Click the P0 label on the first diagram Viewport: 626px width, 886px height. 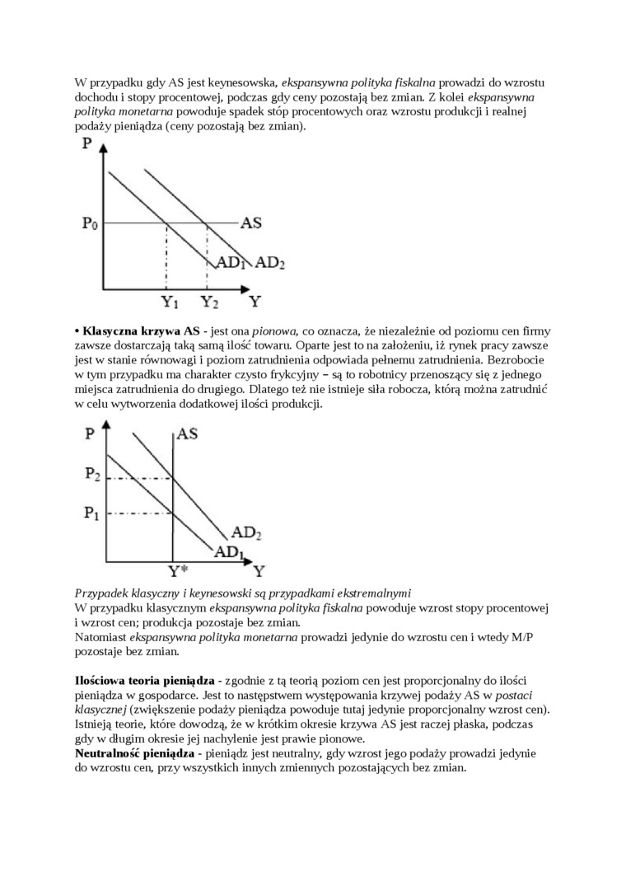[90, 223]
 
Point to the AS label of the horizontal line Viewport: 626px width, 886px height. [251, 223]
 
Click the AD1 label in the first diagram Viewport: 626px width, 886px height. [231, 263]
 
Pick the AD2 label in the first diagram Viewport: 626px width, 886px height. [270, 263]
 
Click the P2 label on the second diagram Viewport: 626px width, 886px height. [92, 474]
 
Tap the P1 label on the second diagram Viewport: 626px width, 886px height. [92, 513]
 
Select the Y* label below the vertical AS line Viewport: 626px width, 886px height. [179, 570]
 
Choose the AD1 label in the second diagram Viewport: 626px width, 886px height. [231, 551]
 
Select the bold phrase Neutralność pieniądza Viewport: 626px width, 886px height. [141, 753]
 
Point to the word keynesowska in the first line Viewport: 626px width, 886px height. [237, 82]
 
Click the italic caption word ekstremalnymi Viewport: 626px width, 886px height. [368, 593]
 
